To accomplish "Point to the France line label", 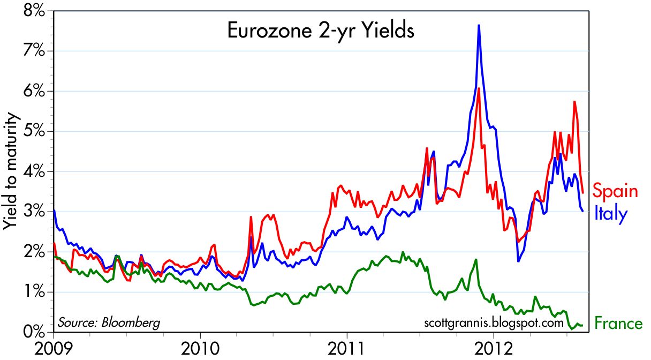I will pos(618,324).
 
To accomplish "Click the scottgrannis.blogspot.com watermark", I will pos(493,323).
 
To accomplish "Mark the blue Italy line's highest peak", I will pos(479,25).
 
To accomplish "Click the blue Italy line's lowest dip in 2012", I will pos(518,261).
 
